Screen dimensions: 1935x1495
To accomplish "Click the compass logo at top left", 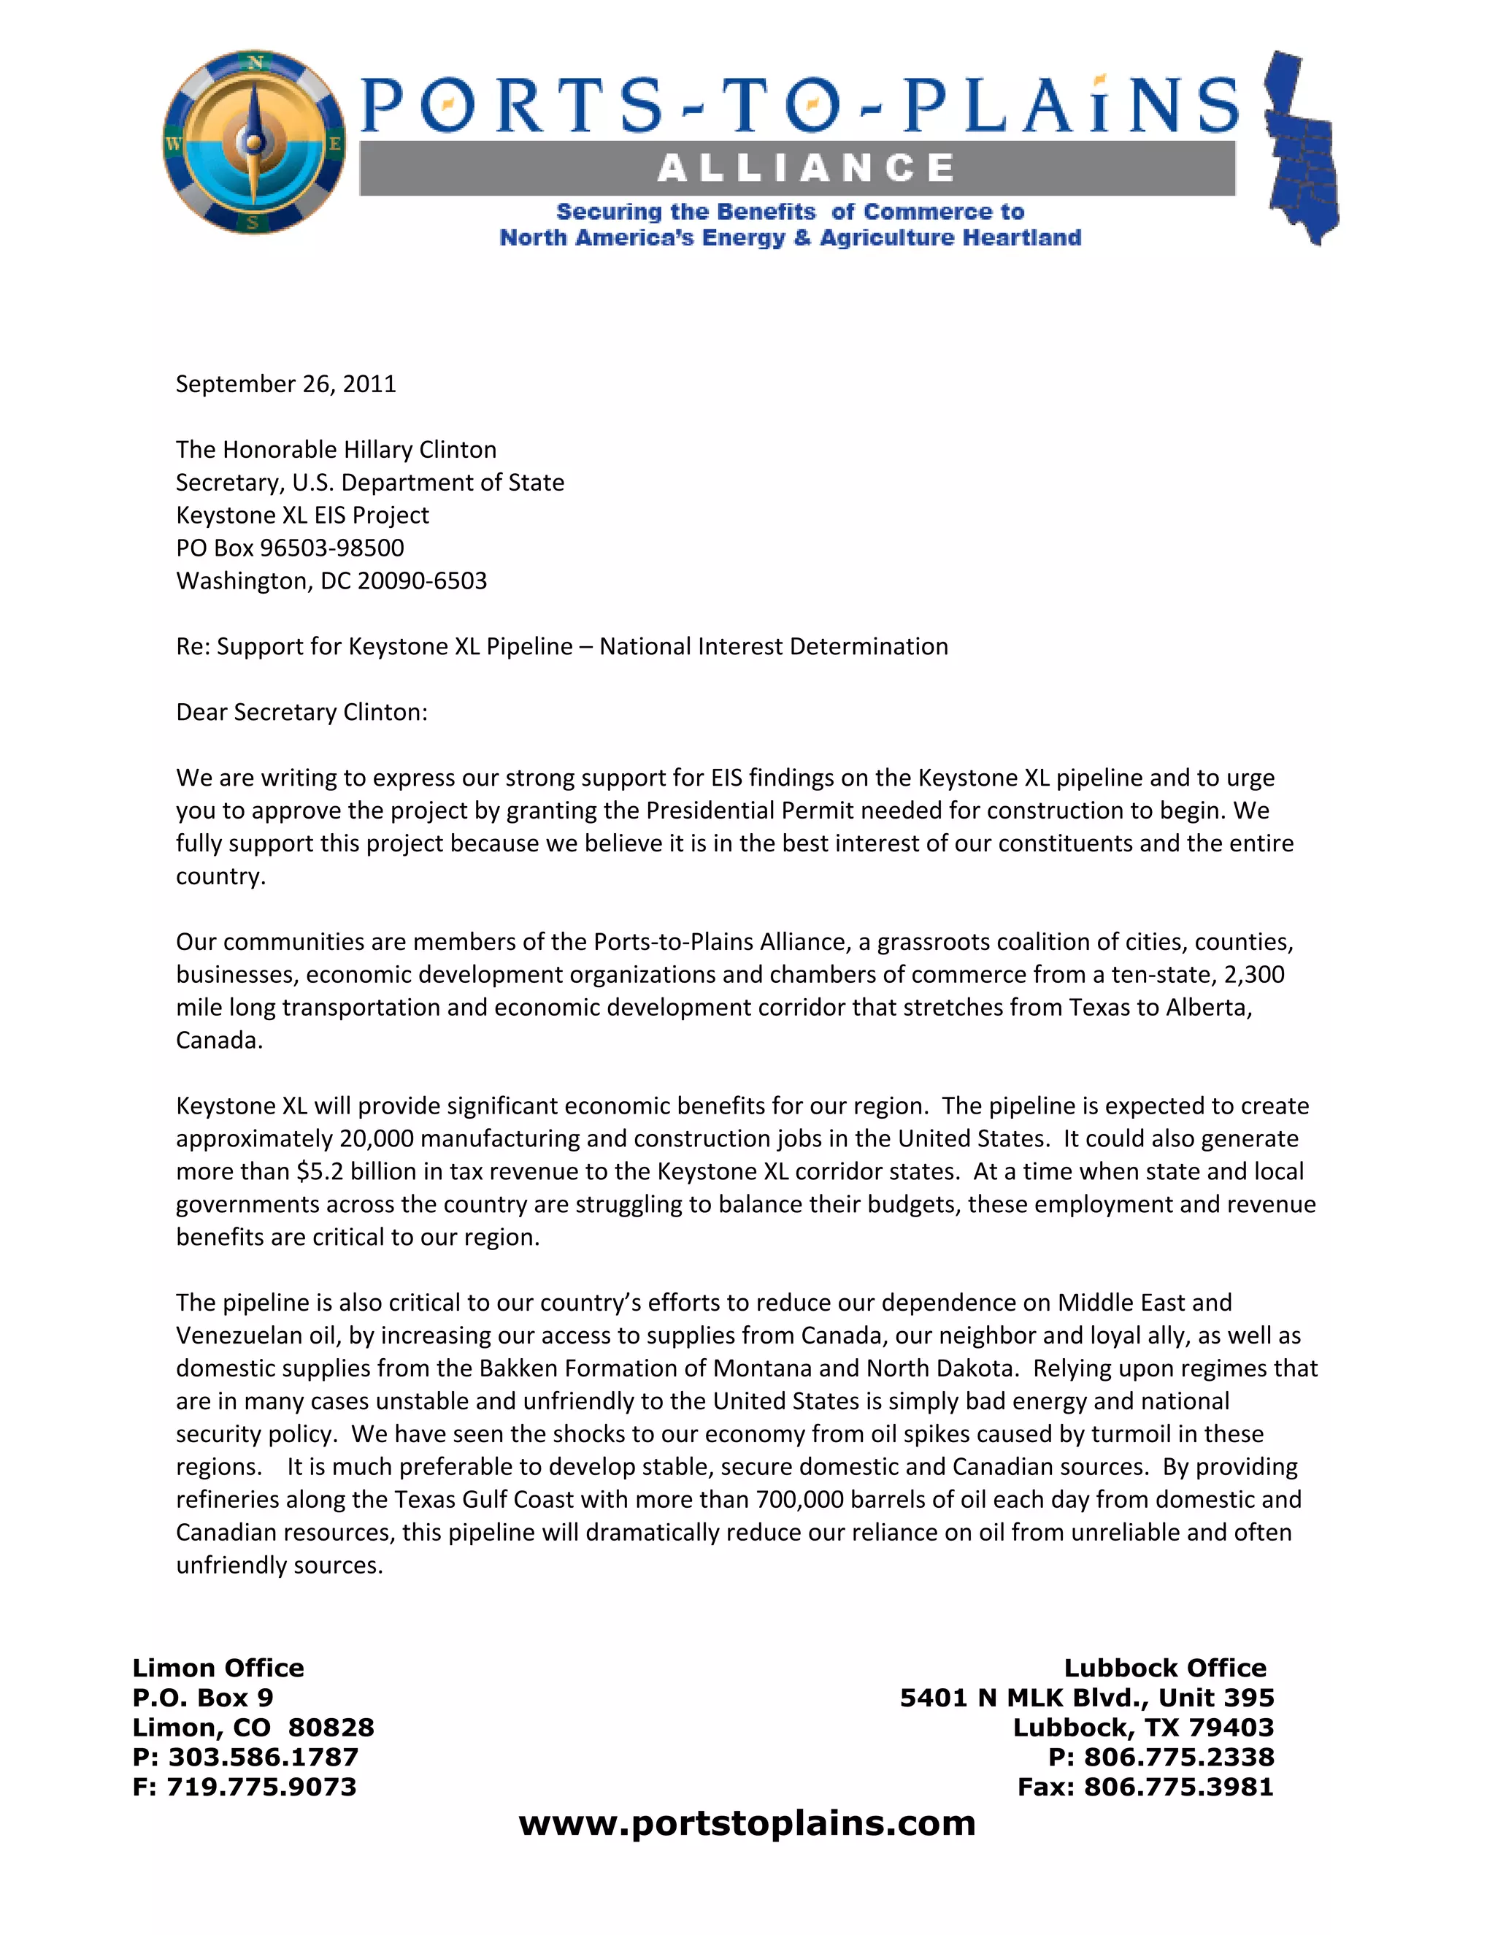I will (254, 142).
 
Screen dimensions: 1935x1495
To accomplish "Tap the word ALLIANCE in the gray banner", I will (806, 167).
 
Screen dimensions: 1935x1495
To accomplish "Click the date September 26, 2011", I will (285, 383).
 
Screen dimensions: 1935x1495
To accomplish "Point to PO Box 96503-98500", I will (290, 548).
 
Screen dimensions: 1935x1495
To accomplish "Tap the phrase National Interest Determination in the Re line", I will (773, 646).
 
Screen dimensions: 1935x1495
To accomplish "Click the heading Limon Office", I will (218, 1668).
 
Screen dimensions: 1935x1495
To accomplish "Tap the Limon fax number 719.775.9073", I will (261, 1786).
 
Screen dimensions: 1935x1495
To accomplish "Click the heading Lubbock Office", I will (1164, 1668).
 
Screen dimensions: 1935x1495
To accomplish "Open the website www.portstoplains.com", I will (747, 1823).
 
